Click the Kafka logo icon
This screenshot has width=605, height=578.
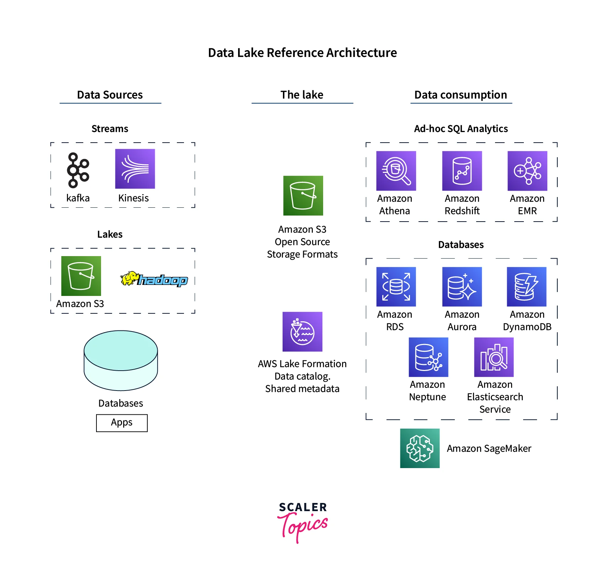[x=78, y=170]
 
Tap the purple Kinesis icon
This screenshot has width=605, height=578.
[x=135, y=169]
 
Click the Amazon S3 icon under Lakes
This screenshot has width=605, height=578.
[x=81, y=276]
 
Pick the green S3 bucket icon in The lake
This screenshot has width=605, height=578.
[x=303, y=196]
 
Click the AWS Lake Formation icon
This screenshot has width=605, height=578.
[x=302, y=332]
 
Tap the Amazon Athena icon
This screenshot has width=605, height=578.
[x=396, y=171]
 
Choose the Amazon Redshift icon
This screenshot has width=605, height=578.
[x=462, y=171]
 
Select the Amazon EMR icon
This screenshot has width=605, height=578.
[x=527, y=171]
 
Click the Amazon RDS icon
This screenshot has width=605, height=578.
[x=396, y=287]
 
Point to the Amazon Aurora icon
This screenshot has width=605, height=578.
[x=462, y=287]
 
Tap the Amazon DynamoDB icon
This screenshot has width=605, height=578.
[x=526, y=287]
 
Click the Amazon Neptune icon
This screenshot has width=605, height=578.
[x=428, y=357]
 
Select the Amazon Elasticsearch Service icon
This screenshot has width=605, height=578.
[x=494, y=357]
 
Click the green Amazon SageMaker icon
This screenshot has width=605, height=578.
[x=420, y=448]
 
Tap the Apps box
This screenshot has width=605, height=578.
[x=122, y=423]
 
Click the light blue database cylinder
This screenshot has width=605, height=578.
[x=121, y=360]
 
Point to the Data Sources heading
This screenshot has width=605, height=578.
[x=110, y=95]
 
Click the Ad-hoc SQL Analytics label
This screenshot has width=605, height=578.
[x=461, y=129]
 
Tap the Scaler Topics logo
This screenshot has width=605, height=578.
[x=302, y=521]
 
